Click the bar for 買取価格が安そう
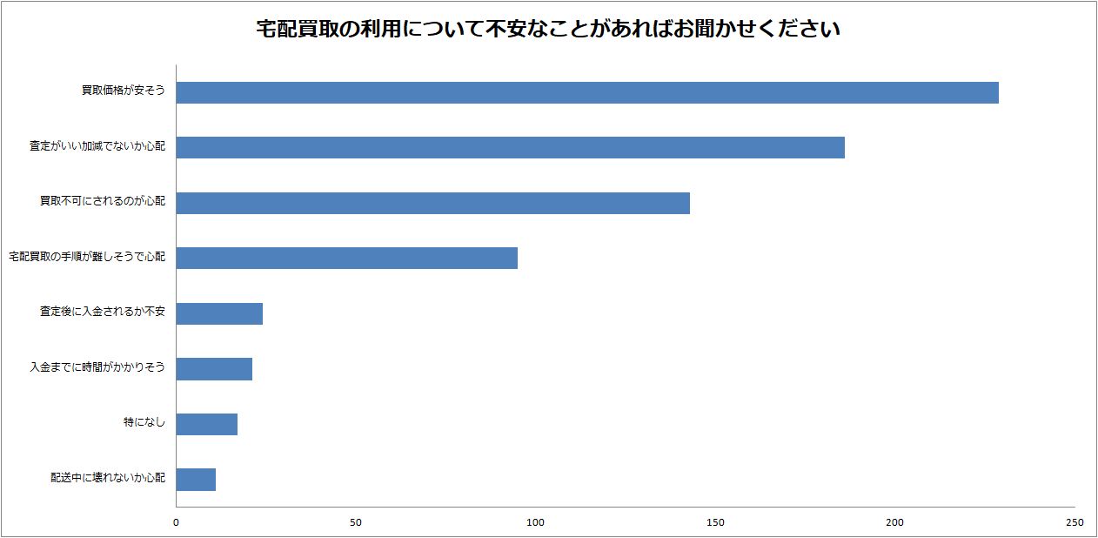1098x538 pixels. (587, 92)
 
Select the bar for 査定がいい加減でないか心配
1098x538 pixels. (511, 147)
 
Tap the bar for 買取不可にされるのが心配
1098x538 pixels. (433, 203)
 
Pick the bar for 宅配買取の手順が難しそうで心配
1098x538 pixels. (347, 258)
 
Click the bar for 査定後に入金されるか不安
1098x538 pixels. (219, 313)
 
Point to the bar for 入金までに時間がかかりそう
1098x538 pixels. (214, 368)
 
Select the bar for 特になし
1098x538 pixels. (207, 424)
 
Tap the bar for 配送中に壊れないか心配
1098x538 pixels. (196, 479)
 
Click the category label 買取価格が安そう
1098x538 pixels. (123, 91)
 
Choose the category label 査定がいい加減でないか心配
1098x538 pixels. (97, 146)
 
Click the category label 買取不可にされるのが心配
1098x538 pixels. (102, 201)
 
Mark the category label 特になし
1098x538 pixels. (144, 422)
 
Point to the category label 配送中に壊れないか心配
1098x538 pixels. (107, 478)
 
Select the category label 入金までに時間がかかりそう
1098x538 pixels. (97, 367)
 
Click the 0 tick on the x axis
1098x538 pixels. (177, 522)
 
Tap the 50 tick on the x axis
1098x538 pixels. (356, 522)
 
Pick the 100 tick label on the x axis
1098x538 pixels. (536, 522)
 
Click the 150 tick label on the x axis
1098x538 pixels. (715, 522)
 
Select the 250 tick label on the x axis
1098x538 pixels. (1075, 522)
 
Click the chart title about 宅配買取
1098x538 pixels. (548, 30)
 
